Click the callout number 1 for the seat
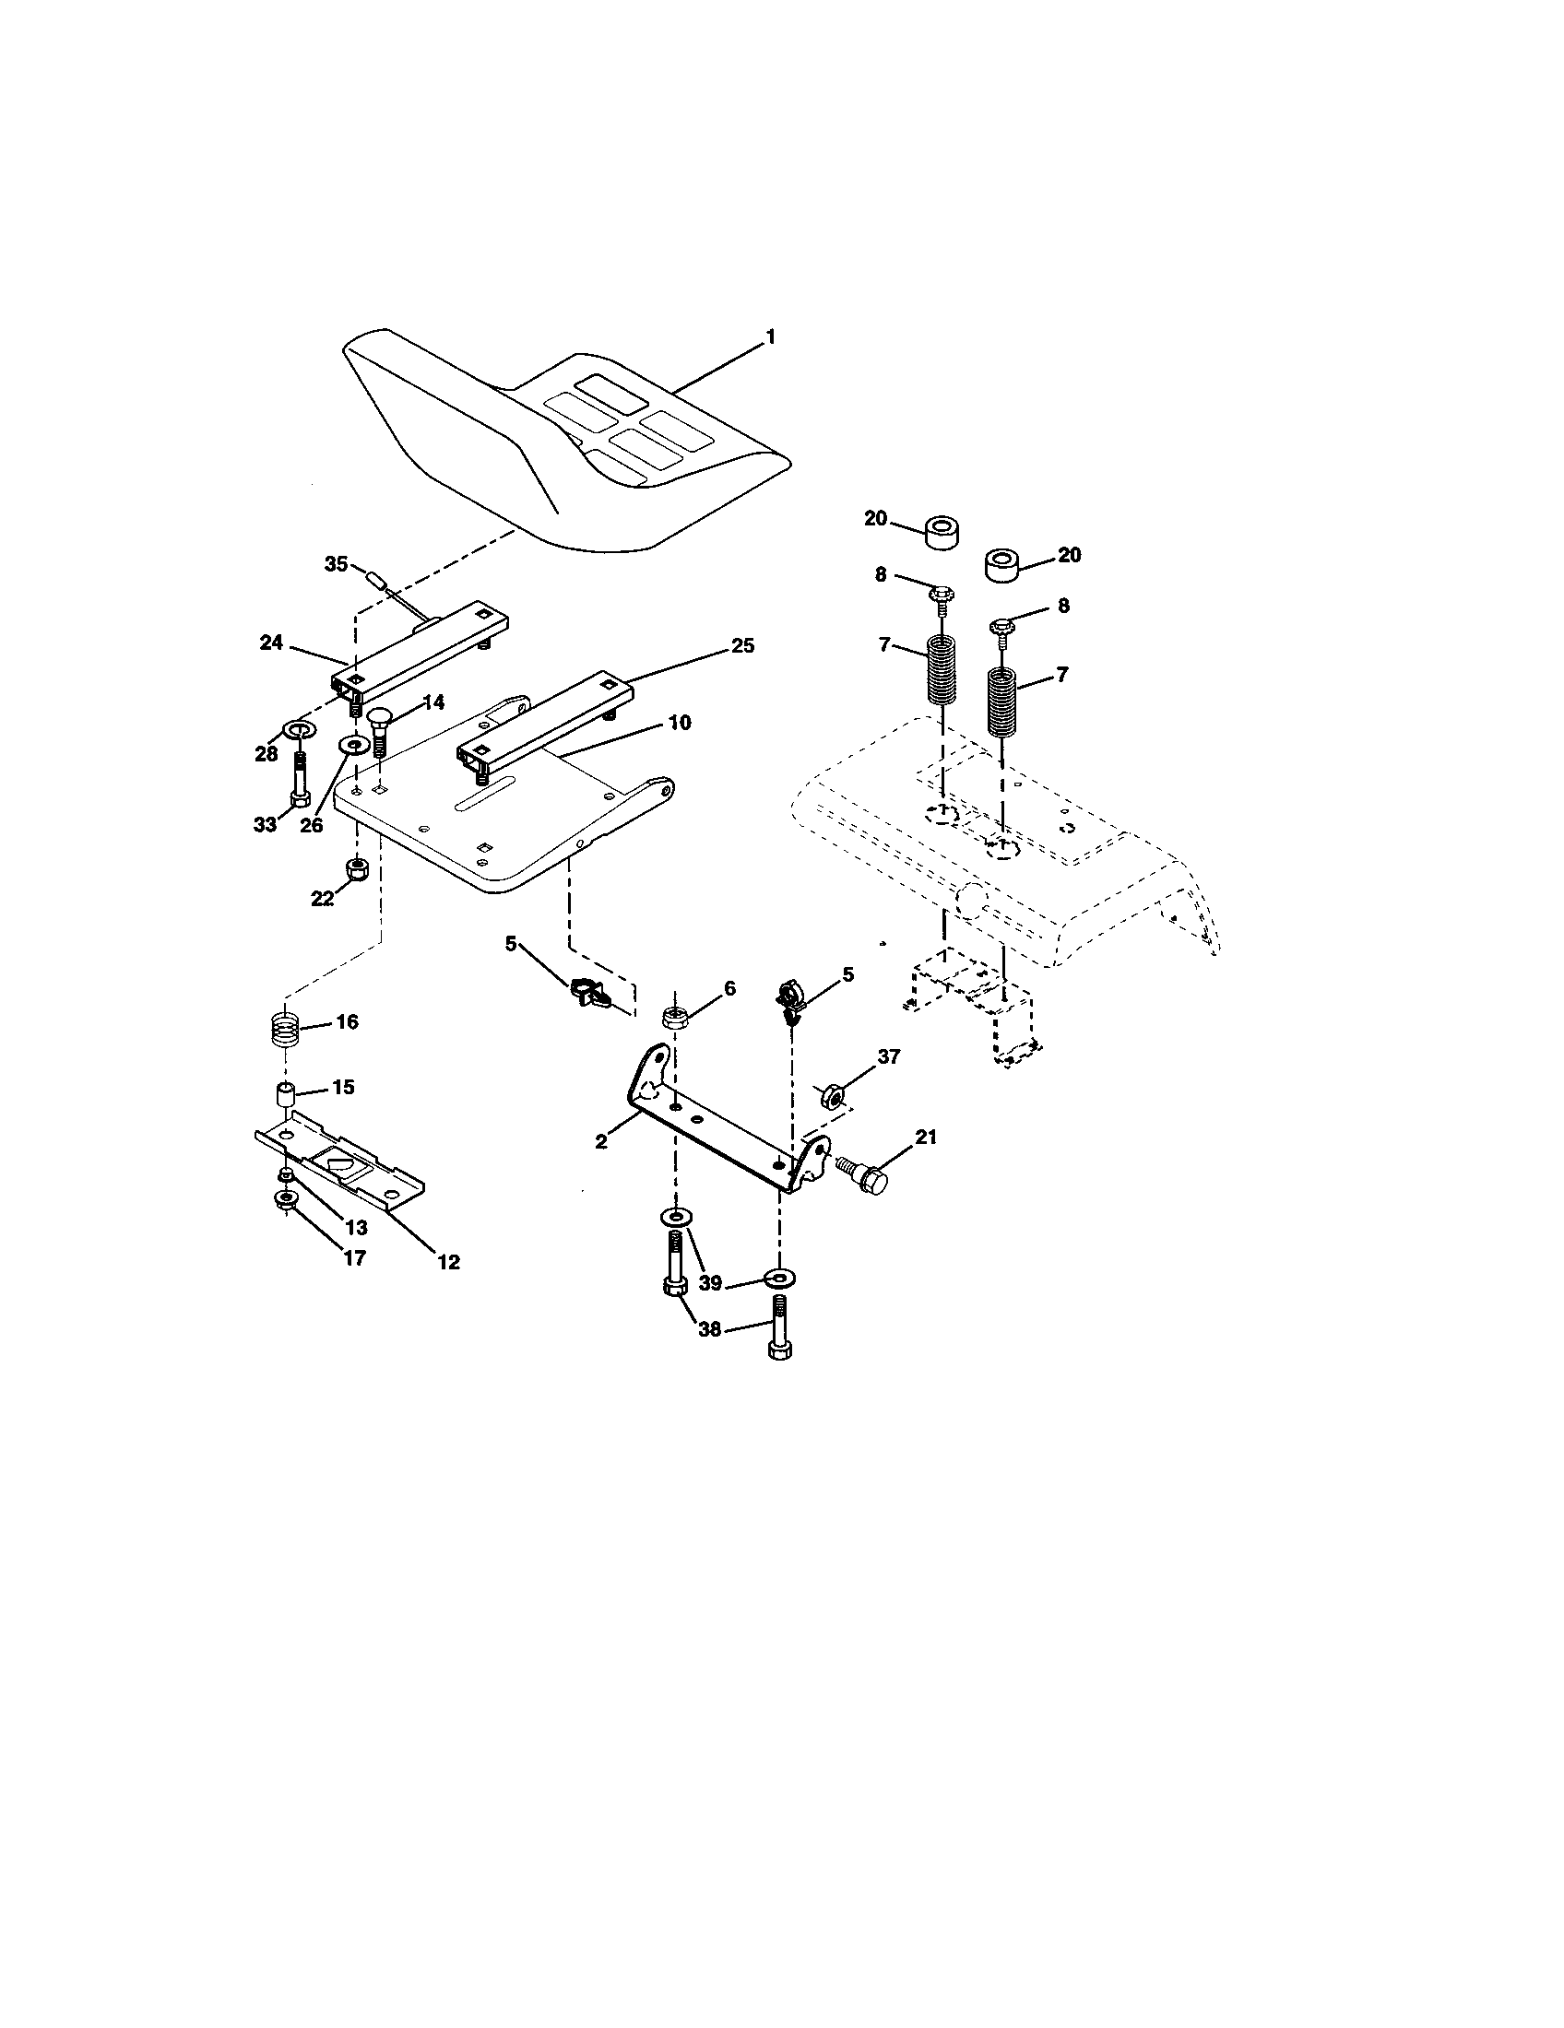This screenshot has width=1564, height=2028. (769, 338)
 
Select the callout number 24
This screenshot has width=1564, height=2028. (271, 643)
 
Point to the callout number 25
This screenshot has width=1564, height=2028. (742, 645)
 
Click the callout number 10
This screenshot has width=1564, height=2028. (680, 722)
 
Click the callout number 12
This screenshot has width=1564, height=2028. (447, 1262)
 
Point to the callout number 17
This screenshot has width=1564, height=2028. (354, 1258)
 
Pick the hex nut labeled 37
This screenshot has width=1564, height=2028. (832, 1098)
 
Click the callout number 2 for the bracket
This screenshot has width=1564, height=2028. (602, 1142)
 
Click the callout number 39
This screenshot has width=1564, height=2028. (710, 1282)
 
